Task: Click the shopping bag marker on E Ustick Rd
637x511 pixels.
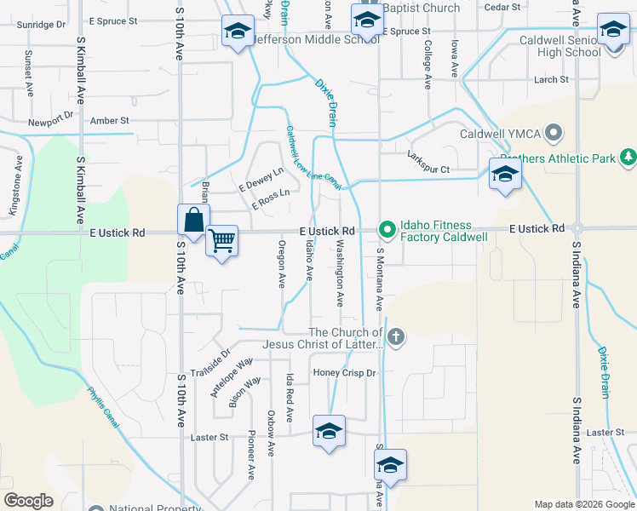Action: (194, 219)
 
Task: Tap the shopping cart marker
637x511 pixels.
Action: (222, 241)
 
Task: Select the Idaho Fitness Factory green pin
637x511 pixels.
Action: (387, 228)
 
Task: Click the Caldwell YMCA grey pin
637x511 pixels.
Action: (554, 132)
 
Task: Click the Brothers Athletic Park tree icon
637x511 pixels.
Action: (628, 158)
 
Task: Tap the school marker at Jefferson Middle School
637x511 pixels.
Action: (236, 32)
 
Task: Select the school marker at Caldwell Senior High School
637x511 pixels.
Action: (612, 30)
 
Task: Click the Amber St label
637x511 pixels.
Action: (109, 121)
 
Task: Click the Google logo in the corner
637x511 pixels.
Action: (28, 501)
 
